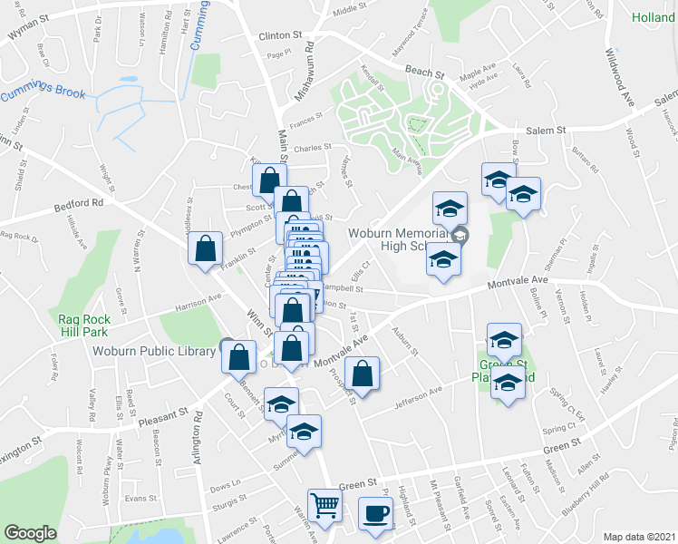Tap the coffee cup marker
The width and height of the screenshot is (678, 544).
[x=375, y=514]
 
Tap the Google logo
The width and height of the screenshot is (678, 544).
[x=30, y=533]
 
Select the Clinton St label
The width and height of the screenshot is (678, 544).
[x=279, y=35]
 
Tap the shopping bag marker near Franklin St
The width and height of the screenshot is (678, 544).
[x=205, y=248]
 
